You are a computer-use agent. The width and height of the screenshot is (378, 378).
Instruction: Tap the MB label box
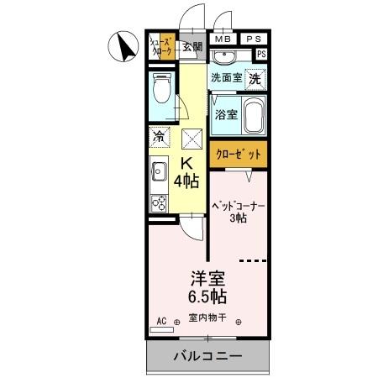pyautogui.click(x=223, y=39)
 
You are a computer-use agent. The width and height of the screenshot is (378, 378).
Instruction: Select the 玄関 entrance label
pyautogui.click(x=192, y=46)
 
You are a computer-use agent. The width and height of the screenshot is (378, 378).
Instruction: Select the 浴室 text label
pyautogui.click(x=224, y=114)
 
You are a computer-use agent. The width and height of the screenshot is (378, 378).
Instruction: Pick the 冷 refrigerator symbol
pyautogui.click(x=159, y=134)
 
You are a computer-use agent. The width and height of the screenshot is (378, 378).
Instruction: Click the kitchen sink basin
pyautogui.click(x=159, y=173)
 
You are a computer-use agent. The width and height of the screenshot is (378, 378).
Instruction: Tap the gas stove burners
pyautogui.click(x=159, y=202)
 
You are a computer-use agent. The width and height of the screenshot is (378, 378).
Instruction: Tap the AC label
pyautogui.click(x=163, y=320)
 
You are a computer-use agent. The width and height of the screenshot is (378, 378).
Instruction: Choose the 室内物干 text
pyautogui.click(x=207, y=318)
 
